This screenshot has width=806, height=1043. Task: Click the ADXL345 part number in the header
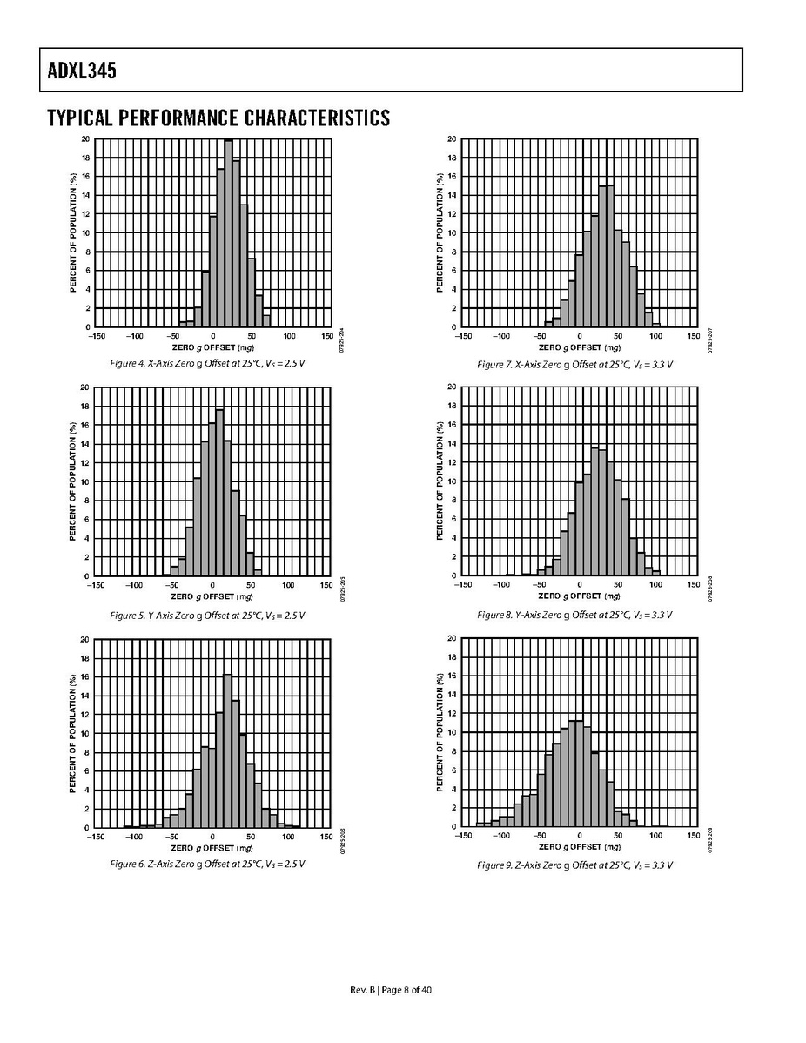(x=77, y=71)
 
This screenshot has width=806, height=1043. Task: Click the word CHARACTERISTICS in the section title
(x=317, y=118)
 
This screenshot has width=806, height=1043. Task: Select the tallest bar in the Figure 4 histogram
(x=228, y=233)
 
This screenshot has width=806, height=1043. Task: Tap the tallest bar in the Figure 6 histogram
(x=227, y=750)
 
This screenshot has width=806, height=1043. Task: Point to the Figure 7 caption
(x=574, y=364)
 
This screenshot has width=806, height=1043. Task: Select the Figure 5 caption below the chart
(x=207, y=616)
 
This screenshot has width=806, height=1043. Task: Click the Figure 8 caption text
(x=574, y=616)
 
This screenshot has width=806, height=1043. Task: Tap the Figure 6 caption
(x=207, y=865)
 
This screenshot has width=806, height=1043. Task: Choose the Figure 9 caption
(x=574, y=865)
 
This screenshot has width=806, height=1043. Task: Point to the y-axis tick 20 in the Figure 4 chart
(x=85, y=139)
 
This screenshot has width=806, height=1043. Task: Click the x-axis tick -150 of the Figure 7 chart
(x=464, y=336)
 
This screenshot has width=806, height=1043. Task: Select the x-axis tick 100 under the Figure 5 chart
(x=288, y=585)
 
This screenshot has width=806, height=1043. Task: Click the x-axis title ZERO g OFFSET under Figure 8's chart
(x=579, y=596)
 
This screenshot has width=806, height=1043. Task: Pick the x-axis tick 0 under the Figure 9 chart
(x=579, y=836)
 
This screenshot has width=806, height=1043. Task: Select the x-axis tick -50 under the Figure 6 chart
(x=173, y=836)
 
